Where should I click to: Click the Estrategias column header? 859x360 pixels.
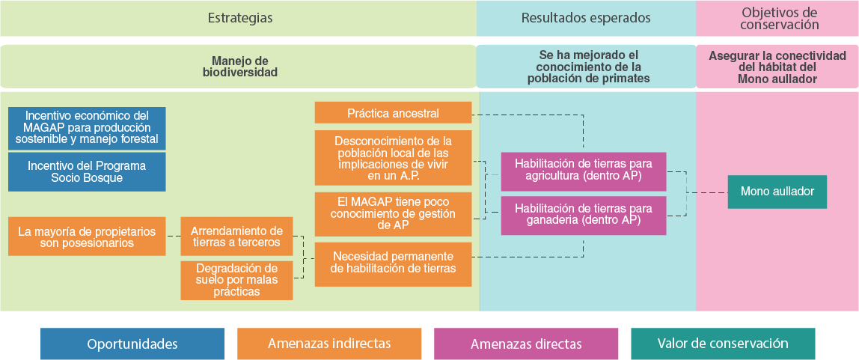tap(239, 18)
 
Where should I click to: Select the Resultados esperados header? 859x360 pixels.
tap(586, 18)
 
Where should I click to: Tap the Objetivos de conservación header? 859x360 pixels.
tap(779, 18)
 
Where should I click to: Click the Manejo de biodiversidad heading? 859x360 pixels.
tap(239, 67)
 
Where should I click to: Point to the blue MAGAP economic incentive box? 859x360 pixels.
tap(87, 128)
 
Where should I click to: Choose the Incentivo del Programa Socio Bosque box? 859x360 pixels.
tap(87, 172)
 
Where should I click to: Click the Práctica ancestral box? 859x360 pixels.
tap(393, 113)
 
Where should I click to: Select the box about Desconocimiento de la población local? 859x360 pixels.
tap(393, 158)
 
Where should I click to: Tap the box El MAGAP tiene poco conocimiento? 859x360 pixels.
tap(393, 213)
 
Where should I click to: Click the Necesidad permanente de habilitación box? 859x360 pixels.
tap(393, 263)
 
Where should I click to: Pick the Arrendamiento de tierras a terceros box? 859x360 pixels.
tap(236, 237)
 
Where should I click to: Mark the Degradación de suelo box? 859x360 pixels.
tap(236, 280)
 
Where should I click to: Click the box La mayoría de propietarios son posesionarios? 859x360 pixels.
tap(87, 237)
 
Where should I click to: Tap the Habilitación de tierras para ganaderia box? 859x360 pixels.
tap(583, 216)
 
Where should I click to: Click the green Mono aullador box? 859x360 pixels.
tap(777, 192)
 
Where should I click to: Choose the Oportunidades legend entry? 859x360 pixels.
tap(132, 344)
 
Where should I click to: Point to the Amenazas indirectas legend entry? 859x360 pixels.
tap(329, 344)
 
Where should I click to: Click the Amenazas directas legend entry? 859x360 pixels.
tap(526, 344)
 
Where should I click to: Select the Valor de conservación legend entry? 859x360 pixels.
tap(723, 344)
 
